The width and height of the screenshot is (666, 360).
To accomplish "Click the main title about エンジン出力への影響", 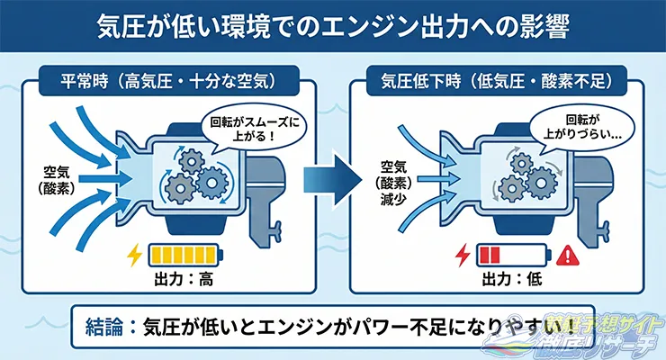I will click(x=332, y=25).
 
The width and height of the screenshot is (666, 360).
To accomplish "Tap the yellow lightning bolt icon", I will click(x=135, y=256).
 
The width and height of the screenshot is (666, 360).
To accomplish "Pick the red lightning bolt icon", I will click(x=463, y=256).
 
